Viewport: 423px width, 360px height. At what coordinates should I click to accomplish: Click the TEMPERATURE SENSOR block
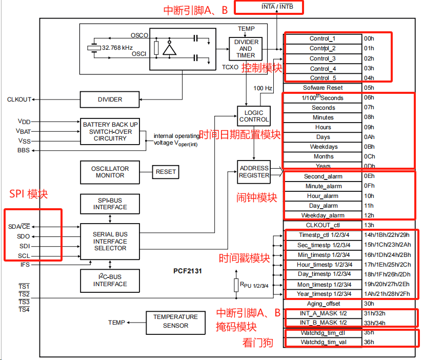coord(175,322)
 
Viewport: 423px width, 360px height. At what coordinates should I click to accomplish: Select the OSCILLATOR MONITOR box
coord(110,172)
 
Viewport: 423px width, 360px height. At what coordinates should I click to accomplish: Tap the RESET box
coord(166,172)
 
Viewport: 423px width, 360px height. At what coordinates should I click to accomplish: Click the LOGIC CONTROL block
coord(254,116)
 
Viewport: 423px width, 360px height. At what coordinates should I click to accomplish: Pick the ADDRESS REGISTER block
coord(254,171)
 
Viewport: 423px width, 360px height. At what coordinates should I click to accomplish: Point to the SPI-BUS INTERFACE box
coord(110,204)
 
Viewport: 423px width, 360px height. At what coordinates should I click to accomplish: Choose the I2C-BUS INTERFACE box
coord(110,281)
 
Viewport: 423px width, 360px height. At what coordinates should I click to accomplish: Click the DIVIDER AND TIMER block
coord(245,48)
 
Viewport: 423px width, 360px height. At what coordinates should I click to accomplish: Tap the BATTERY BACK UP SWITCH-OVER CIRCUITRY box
coord(110,131)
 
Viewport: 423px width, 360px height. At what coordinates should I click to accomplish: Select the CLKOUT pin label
coord(19,99)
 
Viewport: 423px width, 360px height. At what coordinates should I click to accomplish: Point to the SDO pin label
coord(23,236)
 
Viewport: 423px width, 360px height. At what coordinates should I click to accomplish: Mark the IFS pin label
coord(25,265)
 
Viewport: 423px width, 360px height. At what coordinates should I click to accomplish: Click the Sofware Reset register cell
coord(323,88)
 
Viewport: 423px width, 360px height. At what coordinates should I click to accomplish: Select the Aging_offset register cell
coord(323,304)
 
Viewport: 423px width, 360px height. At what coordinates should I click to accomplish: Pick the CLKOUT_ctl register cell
coord(323,225)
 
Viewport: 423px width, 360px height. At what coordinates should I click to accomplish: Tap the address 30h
coord(369,304)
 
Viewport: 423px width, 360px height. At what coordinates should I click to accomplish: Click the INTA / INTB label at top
coord(277,7)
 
